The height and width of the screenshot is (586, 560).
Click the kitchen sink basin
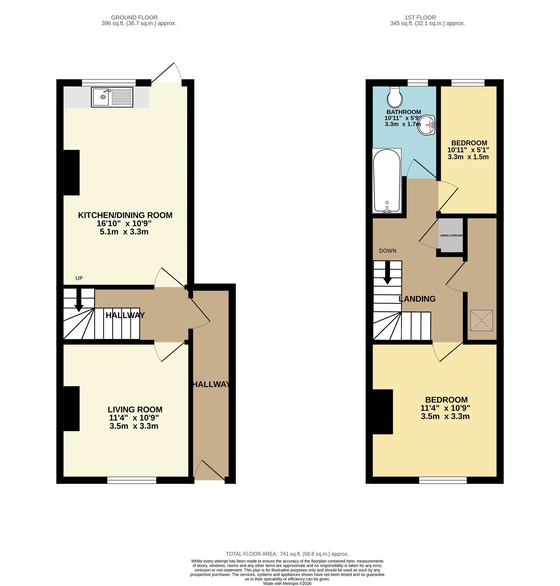pyautogui.click(x=101, y=97)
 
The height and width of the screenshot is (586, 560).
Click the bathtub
pyautogui.click(x=387, y=181)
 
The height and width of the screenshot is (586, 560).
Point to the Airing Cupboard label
pyautogui.click(x=451, y=235)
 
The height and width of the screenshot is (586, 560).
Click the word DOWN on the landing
pyautogui.click(x=388, y=251)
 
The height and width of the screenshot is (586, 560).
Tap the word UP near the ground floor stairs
pyautogui.click(x=79, y=278)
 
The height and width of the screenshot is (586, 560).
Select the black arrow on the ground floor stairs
pyautogui.click(x=79, y=300)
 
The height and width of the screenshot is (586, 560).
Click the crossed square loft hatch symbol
pyautogui.click(x=482, y=320)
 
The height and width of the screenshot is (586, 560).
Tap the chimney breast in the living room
pyautogui.click(x=71, y=409)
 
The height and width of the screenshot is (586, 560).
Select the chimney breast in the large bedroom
pyautogui.click(x=382, y=411)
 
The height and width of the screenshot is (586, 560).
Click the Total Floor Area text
pyautogui.click(x=287, y=554)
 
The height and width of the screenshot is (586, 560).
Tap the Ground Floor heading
pyautogui.click(x=134, y=18)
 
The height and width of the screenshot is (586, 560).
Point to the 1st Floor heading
pyautogui.click(x=420, y=18)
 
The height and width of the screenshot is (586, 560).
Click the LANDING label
pyautogui.click(x=417, y=299)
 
